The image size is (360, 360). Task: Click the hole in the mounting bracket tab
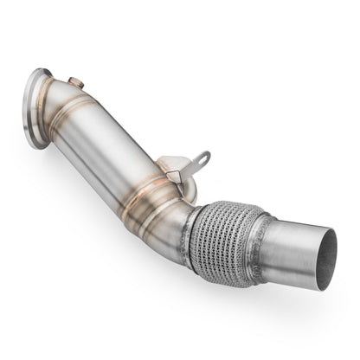pyautogui.click(x=201, y=158)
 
